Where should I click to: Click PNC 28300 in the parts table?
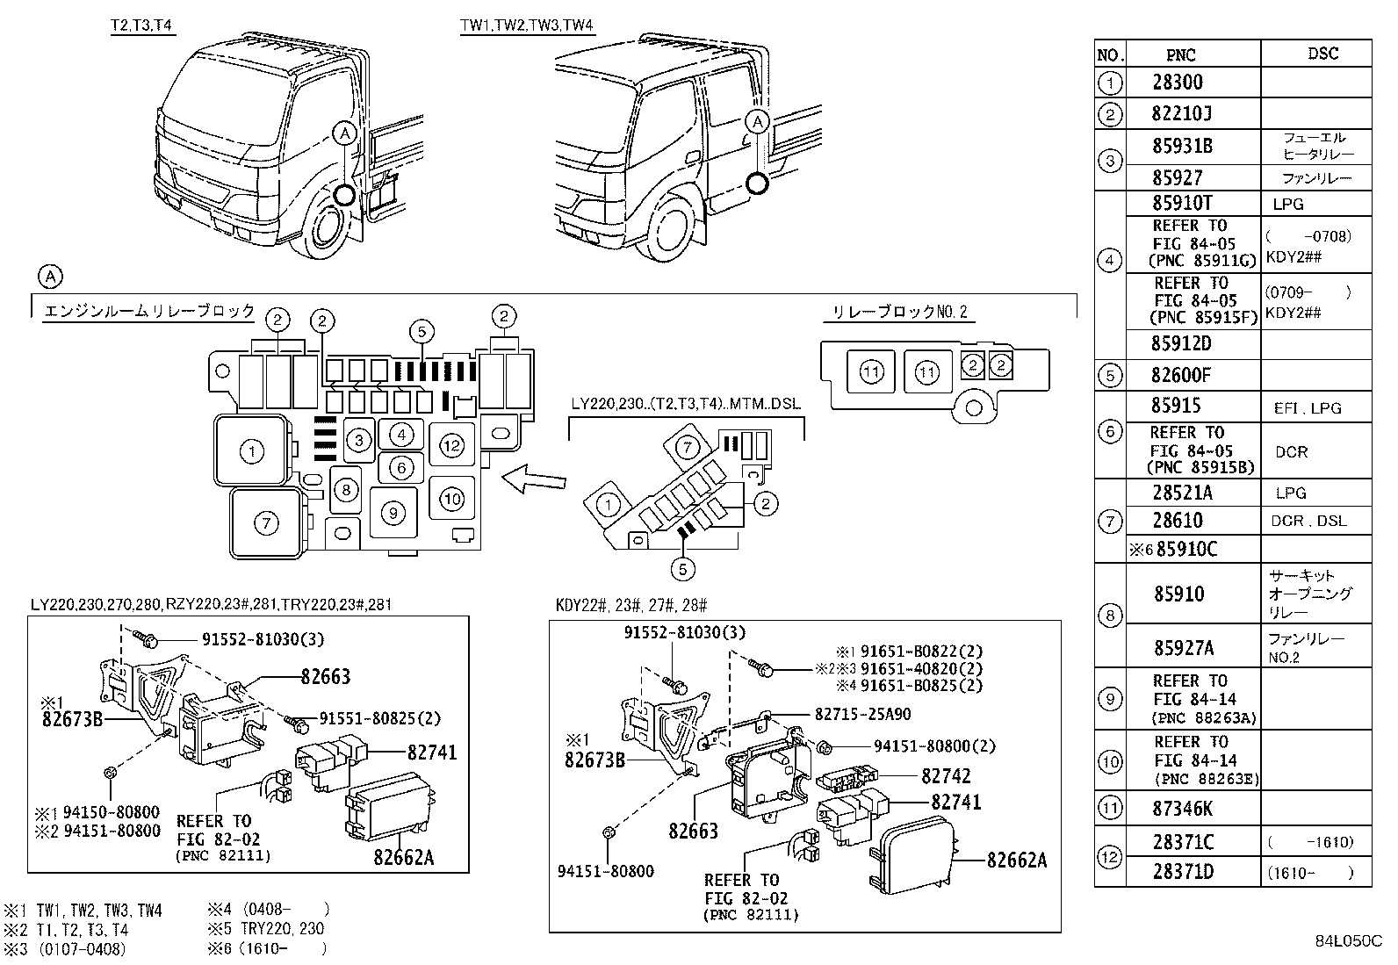point(1178,83)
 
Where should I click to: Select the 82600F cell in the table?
point(1180,376)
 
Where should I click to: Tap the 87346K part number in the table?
point(1182,807)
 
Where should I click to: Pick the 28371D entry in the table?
point(1182,872)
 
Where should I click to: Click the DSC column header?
point(1322,54)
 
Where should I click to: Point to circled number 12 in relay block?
point(451,446)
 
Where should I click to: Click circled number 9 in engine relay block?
point(393,513)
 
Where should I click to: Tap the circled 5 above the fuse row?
point(422,331)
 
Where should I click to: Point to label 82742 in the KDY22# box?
point(946,776)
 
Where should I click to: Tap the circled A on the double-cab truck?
point(758,121)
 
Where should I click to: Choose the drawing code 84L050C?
point(1348,942)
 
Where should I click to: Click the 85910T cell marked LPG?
point(1181,203)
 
